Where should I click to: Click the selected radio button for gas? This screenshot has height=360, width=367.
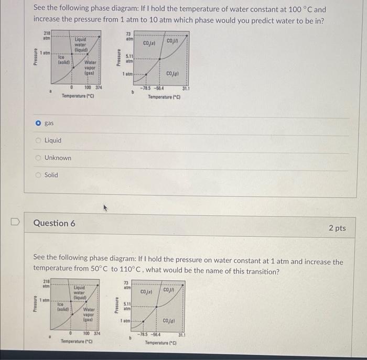coord(38,123)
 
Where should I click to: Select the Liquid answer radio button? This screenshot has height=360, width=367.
coord(38,140)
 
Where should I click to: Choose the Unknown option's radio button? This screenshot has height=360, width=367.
coord(38,158)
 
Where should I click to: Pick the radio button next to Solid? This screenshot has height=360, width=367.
coord(38,175)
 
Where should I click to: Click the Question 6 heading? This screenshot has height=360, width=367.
coord(54,223)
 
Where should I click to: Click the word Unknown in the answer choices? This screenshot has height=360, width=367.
coord(58,158)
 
